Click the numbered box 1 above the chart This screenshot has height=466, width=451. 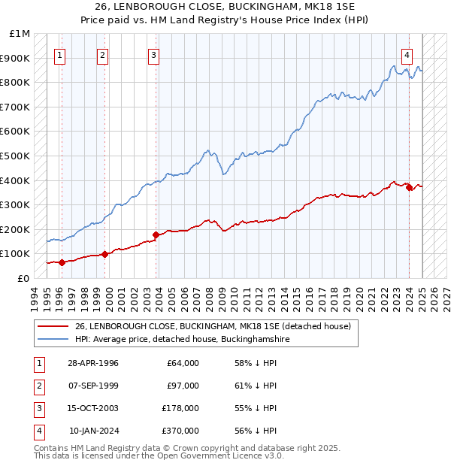point(59,54)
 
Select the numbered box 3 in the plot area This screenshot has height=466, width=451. point(153,54)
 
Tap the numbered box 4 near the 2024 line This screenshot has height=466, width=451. point(407,54)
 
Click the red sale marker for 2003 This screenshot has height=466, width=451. point(156,235)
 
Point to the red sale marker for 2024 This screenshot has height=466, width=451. point(410,188)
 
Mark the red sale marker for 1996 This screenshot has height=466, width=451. point(62,262)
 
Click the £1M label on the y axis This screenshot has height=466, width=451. point(20,34)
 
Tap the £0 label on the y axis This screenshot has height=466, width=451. point(23,278)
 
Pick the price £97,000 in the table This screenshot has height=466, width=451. point(182,386)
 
